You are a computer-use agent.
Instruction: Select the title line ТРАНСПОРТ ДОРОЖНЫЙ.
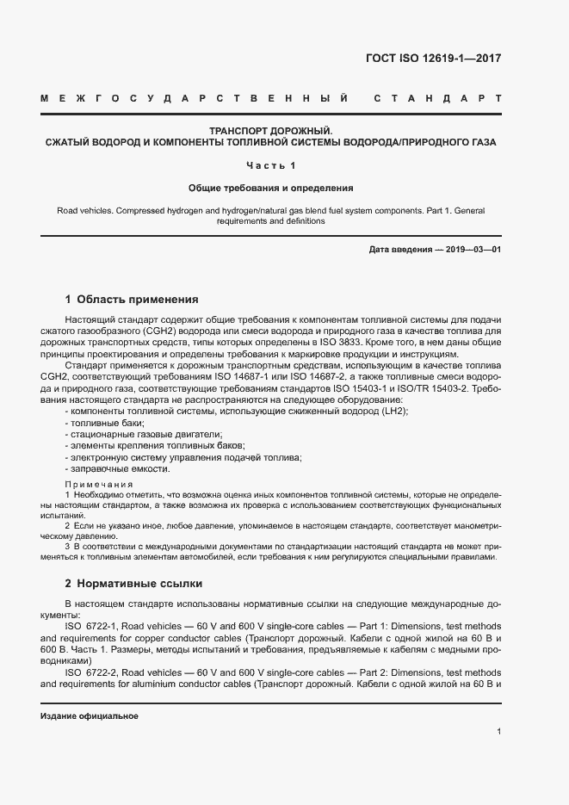click(x=270, y=129)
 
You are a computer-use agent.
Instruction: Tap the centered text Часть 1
click(x=270, y=164)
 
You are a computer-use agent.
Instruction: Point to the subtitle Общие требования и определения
click(x=270, y=187)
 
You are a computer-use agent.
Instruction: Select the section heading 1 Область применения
click(x=132, y=300)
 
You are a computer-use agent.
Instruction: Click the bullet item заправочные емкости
click(x=118, y=468)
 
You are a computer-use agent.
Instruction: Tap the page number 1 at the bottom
click(x=499, y=732)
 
